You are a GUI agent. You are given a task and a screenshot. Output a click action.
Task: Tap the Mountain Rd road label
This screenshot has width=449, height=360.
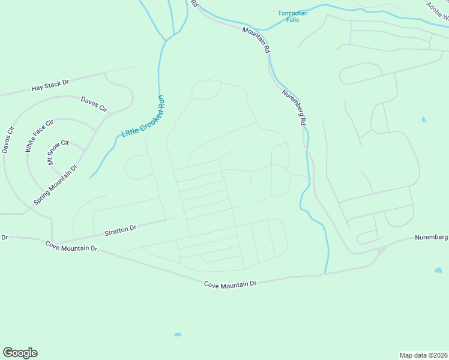pos(256,40)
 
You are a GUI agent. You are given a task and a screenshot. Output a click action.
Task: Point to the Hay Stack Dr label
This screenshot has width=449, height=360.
pos(50,85)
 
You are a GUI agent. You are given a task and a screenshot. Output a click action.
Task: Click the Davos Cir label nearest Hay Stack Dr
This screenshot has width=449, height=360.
pos(94,104)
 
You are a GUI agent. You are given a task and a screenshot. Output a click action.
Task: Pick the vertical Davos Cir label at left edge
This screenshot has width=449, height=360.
pos(8,139)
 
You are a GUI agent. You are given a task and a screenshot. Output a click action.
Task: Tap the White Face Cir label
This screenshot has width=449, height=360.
pos(39,136)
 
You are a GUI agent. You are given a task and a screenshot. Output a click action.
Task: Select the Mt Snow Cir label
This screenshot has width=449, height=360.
pos(59,153)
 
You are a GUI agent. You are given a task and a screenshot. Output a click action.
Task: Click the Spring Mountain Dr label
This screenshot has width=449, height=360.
pos(56,185)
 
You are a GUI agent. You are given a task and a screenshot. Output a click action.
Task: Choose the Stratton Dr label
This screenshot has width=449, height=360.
pos(120,229)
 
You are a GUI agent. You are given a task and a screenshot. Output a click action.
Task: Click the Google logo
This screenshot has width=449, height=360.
pos(20,353)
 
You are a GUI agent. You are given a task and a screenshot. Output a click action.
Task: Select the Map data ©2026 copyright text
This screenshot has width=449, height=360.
pos(424,355)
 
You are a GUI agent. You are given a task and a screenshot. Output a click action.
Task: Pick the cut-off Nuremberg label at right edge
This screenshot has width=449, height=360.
pos(432,238)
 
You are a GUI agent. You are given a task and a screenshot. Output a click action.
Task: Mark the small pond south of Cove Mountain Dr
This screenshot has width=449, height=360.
pos(177,334)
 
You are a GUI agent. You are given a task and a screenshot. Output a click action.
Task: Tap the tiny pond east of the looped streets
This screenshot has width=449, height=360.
pos(424,119)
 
